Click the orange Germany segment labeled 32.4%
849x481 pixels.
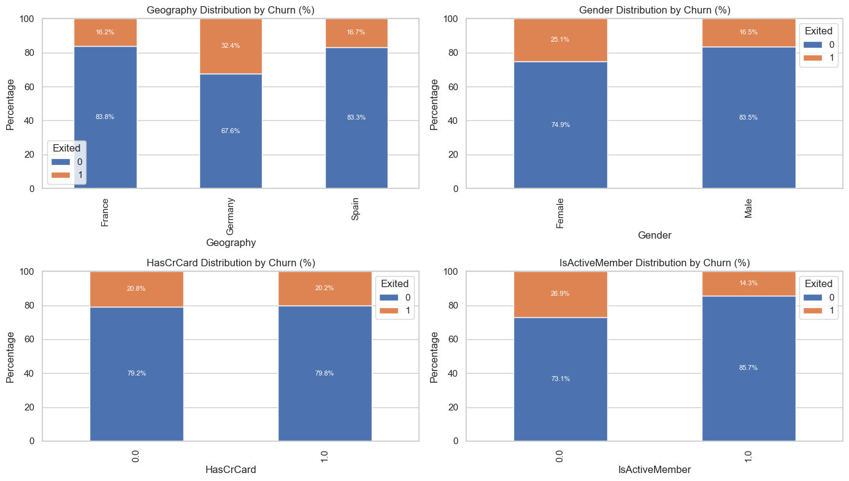(x=231, y=55)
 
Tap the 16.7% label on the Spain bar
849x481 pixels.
(x=356, y=32)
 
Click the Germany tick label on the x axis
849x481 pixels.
(x=231, y=216)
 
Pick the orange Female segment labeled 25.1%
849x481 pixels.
(x=560, y=50)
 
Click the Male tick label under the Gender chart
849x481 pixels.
(x=748, y=209)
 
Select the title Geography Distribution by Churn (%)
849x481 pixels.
(x=231, y=10)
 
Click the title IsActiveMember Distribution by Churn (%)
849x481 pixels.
(x=655, y=263)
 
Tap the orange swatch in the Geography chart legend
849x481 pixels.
(x=61, y=175)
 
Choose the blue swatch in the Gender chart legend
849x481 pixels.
(x=809, y=45)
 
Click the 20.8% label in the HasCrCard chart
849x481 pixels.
(x=136, y=288)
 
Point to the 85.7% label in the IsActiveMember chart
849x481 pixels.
(x=748, y=368)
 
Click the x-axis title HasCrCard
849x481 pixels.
(x=231, y=470)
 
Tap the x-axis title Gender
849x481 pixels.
(x=655, y=235)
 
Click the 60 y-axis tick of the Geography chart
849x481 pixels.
(x=30, y=87)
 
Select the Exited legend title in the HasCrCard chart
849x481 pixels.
(x=394, y=283)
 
